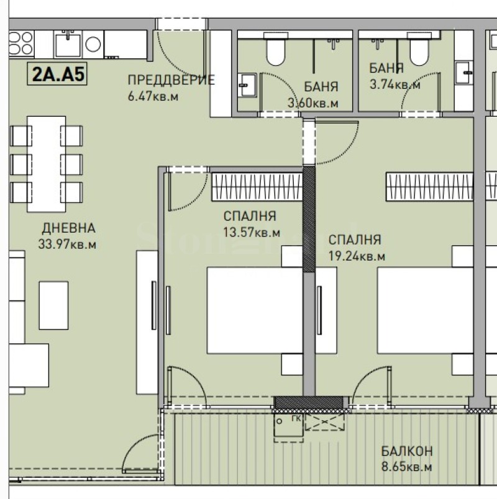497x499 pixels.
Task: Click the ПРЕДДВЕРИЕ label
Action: coord(171,80)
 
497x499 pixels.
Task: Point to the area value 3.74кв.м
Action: coord(394,85)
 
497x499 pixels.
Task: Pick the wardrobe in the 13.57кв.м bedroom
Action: coord(256,187)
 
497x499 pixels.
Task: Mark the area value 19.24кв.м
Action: coord(357,256)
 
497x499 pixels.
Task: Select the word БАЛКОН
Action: coord(407,451)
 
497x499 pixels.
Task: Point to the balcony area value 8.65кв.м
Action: coord(407,467)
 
